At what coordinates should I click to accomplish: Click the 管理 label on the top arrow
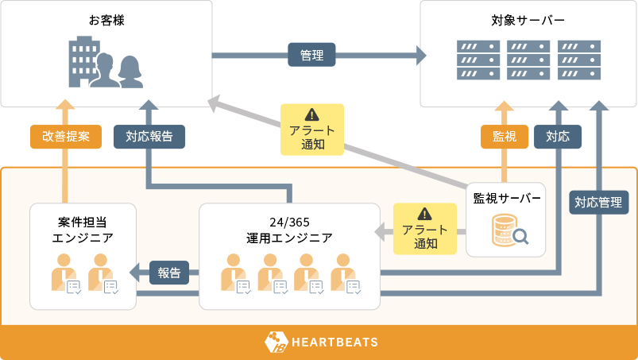click(311, 55)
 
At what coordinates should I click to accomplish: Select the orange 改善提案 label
click(66, 136)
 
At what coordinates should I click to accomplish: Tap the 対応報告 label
click(149, 136)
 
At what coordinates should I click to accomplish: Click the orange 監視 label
click(505, 136)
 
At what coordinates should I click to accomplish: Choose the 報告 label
click(168, 273)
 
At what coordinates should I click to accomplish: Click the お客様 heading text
click(107, 20)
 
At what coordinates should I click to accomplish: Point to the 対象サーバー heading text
click(528, 20)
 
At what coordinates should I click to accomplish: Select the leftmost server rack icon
click(478, 60)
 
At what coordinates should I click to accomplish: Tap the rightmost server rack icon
click(578, 60)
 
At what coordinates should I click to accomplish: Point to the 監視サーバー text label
click(507, 197)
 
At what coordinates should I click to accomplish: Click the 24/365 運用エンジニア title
click(289, 229)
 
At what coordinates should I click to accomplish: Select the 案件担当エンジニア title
click(83, 229)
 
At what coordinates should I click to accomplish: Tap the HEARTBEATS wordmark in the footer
click(334, 343)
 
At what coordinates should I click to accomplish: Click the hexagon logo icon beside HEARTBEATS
click(275, 343)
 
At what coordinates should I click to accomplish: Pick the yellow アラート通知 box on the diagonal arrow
click(311, 129)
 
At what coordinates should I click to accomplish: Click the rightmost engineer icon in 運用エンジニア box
click(345, 273)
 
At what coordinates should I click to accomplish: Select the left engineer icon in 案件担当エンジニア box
click(64, 273)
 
